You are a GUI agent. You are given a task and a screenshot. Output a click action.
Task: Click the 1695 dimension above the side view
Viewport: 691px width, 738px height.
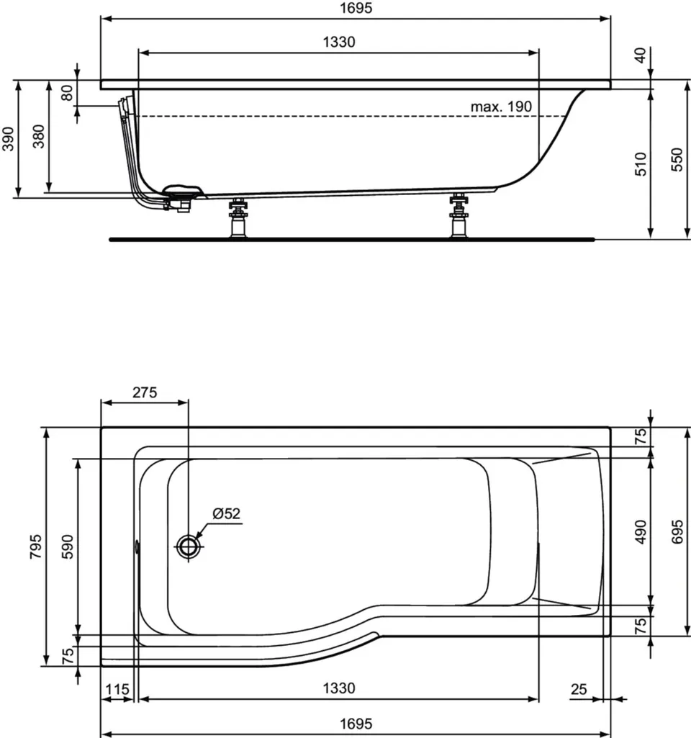tap(356, 8)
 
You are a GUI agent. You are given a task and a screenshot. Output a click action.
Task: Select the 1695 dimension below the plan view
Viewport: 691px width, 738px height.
tap(356, 724)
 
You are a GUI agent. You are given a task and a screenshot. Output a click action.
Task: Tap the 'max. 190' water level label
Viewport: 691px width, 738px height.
tap(501, 107)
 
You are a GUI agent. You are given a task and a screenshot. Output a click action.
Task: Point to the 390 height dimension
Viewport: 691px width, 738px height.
tap(8, 139)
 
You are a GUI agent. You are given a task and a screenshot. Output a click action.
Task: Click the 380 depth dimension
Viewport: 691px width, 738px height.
tap(39, 137)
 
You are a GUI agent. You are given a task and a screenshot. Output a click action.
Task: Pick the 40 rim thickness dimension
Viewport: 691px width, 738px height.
tap(640, 55)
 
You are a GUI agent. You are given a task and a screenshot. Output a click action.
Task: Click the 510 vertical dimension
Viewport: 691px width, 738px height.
tap(641, 163)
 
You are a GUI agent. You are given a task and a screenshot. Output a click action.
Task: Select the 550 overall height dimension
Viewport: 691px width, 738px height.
tap(676, 160)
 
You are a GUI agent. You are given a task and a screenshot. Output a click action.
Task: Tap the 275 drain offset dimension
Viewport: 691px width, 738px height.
tap(145, 392)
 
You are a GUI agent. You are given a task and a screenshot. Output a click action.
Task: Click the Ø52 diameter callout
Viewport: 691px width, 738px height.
tap(226, 513)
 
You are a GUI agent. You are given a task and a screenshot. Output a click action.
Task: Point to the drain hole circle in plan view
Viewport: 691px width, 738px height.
tap(189, 546)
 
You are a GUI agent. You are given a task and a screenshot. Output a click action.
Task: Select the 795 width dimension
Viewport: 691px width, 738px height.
tap(36, 546)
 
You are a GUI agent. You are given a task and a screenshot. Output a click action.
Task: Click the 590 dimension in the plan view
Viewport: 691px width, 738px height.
tap(68, 546)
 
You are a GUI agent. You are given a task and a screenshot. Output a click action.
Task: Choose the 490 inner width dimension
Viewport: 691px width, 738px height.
tap(641, 532)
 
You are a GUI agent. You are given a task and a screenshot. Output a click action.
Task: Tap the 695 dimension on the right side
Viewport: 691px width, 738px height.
tap(677, 532)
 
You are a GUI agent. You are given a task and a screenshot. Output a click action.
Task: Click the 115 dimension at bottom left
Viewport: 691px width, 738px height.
tap(117, 690)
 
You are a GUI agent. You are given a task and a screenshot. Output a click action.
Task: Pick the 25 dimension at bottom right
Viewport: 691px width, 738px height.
tap(579, 689)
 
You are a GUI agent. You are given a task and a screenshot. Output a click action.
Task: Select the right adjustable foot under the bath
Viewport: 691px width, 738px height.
tap(459, 217)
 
